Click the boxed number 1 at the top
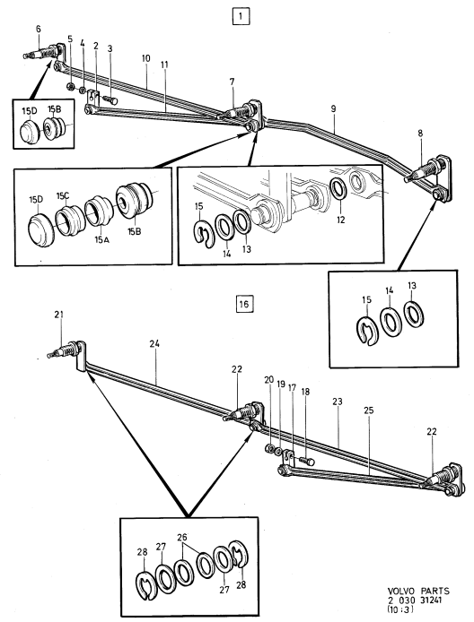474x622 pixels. tap(241, 17)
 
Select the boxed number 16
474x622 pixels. tap(244, 304)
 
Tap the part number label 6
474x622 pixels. tap(38, 29)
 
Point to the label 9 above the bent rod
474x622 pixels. tap(333, 108)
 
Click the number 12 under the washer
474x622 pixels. tap(341, 220)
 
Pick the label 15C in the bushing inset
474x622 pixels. tap(63, 196)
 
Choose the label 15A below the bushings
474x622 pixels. tap(101, 239)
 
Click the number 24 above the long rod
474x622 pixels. tap(154, 344)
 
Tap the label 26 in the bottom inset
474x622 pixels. tap(182, 538)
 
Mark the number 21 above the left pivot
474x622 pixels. tap(59, 315)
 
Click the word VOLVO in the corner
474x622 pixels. tap(401, 591)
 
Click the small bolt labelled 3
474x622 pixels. tap(110, 99)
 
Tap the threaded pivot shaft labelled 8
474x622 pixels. tap(422, 172)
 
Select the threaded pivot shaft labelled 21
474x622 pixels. tap(64, 350)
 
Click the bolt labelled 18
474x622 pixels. tap(306, 462)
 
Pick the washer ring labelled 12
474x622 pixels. tap(339, 186)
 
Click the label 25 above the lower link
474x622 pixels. tap(369, 410)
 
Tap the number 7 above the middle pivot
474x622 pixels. tap(232, 82)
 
